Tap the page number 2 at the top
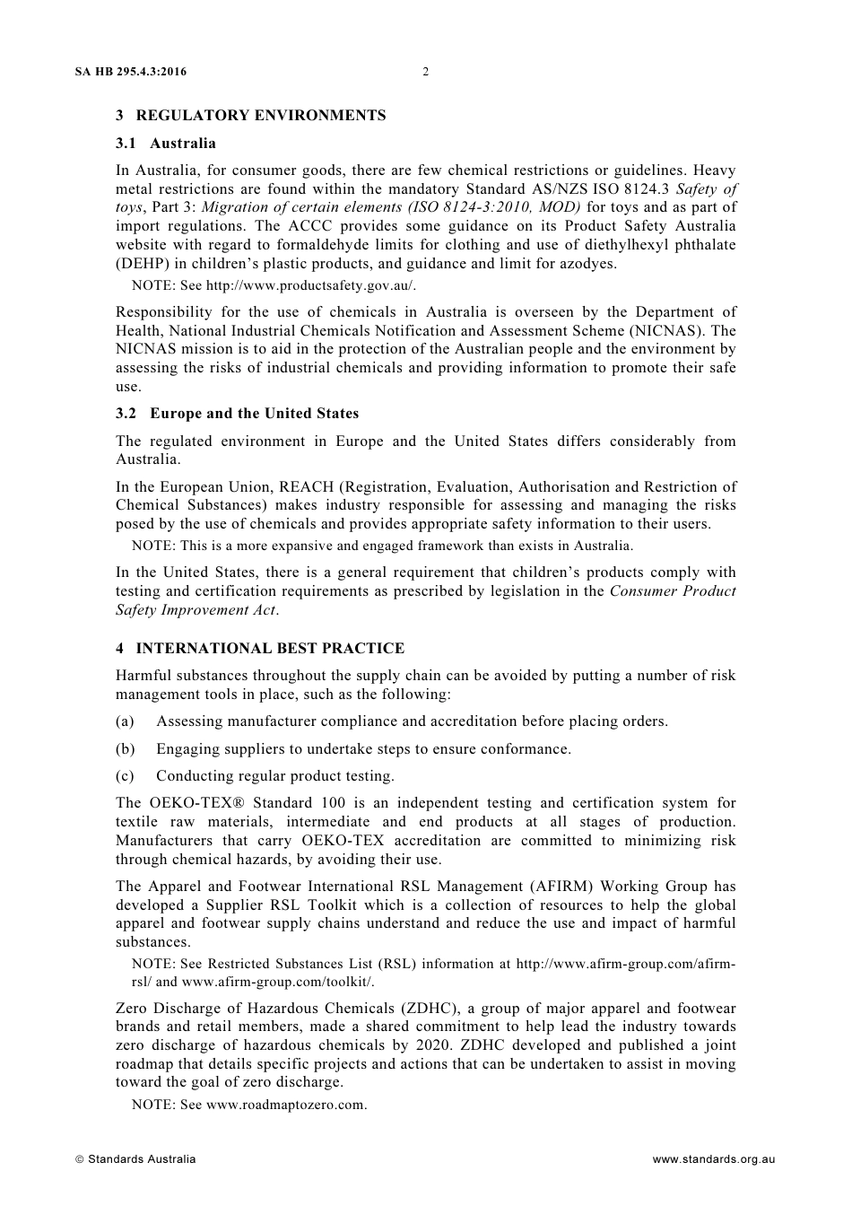(425, 72)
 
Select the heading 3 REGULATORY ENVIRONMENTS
(251, 116)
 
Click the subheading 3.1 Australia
(166, 144)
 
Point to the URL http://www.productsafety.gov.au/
(310, 285)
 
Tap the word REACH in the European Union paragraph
(307, 487)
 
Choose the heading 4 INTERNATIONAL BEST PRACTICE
(260, 649)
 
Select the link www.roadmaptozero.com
(286, 1105)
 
